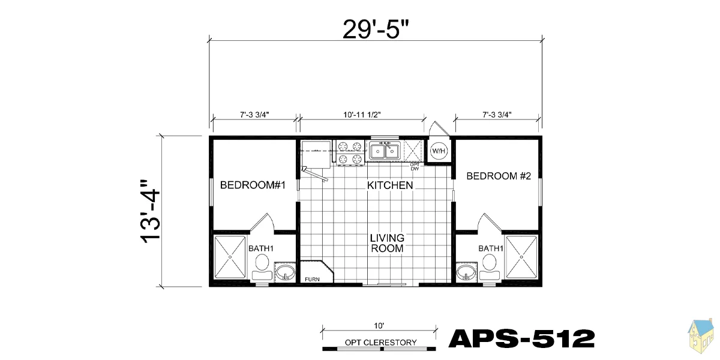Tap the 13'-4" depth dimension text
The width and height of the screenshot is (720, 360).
click(x=150, y=211)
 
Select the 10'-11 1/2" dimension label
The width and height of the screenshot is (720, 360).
click(x=362, y=115)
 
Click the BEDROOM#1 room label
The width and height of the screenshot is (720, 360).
click(x=253, y=185)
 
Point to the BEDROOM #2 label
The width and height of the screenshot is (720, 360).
click(x=499, y=176)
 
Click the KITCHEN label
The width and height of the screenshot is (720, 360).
click(x=390, y=185)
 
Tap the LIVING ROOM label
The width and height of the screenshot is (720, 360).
click(x=387, y=243)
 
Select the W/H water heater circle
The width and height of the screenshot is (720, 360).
click(x=439, y=151)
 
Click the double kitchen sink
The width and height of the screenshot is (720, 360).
click(x=385, y=151)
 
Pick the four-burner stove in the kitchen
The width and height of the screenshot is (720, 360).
click(x=350, y=152)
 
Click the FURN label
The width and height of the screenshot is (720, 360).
click(x=312, y=280)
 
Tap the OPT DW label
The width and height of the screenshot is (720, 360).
click(x=415, y=167)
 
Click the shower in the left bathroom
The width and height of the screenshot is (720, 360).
click(x=230, y=257)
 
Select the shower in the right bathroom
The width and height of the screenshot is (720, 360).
click(x=521, y=257)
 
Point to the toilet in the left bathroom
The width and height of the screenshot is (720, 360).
click(x=262, y=267)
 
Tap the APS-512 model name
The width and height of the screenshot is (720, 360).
click(x=521, y=338)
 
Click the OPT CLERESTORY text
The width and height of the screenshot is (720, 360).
click(x=380, y=343)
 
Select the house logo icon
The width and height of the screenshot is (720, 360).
click(x=701, y=336)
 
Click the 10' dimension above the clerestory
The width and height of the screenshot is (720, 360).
click(x=379, y=326)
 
